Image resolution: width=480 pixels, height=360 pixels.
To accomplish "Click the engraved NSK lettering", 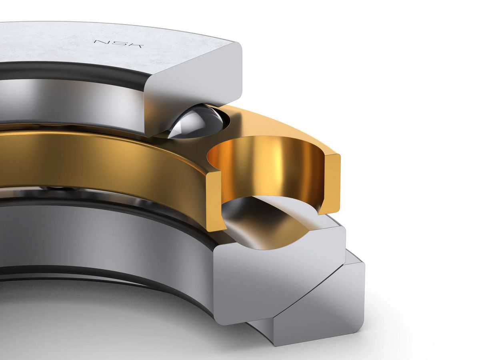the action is coord(118,44).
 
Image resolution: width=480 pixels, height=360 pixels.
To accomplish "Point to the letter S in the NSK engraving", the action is coord(118,44).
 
